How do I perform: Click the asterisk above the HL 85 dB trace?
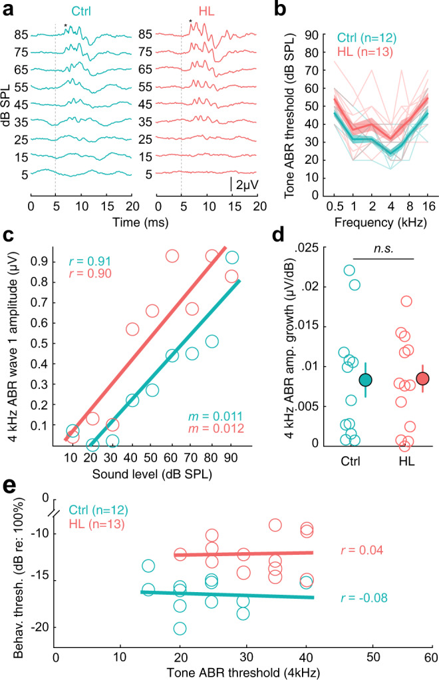coord(190,23)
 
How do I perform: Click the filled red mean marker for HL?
coord(422,378)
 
